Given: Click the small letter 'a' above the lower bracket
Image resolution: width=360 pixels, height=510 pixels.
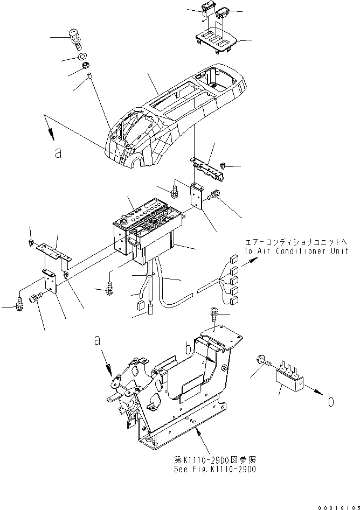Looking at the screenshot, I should click(x=97, y=340).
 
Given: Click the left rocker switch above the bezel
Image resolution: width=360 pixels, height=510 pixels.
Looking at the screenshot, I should click(x=206, y=9).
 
